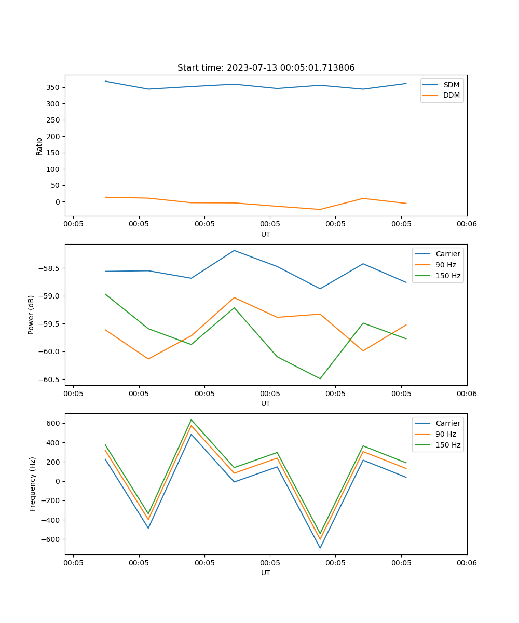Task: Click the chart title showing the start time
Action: tap(266, 68)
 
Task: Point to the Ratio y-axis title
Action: tap(39, 146)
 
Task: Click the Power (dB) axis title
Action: tap(31, 315)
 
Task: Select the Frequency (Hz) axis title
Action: tap(32, 484)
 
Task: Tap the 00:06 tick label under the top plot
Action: tap(467, 224)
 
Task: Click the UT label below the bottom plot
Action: tap(266, 573)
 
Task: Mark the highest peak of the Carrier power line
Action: tap(234, 250)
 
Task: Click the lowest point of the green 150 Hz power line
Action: tap(320, 378)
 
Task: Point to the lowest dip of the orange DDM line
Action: tap(320, 209)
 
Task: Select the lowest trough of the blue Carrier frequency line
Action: tap(320, 548)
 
